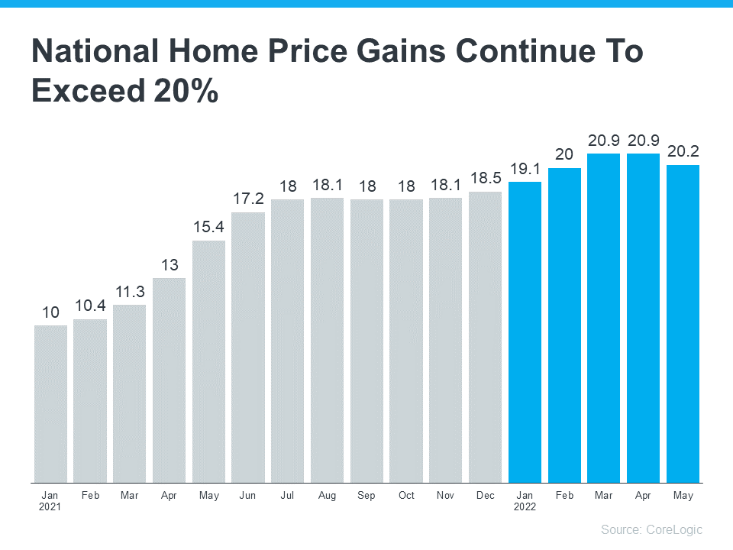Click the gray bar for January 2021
(x=50, y=403)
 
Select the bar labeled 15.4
(x=208, y=361)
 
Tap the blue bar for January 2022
(x=525, y=332)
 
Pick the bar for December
(x=485, y=337)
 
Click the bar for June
(x=248, y=347)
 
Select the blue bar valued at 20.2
(x=683, y=323)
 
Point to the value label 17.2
(x=248, y=199)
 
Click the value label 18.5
(x=485, y=178)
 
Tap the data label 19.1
(x=525, y=169)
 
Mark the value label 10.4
(x=90, y=306)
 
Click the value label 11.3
(x=130, y=291)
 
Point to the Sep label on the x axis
(x=366, y=496)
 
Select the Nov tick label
(x=445, y=496)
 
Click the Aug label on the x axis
(x=327, y=496)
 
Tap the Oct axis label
(x=406, y=496)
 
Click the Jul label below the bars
(x=287, y=496)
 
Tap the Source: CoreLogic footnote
(x=651, y=529)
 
